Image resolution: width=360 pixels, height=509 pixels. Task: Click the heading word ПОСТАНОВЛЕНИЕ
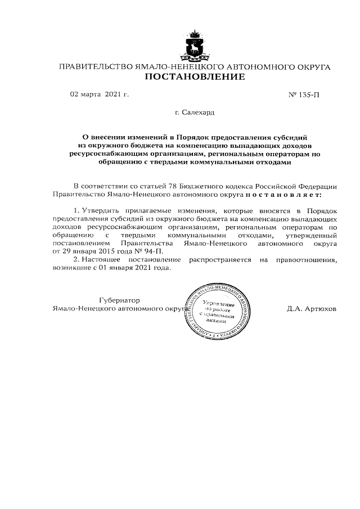(x=195, y=77)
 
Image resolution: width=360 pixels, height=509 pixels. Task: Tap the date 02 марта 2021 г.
(x=100, y=94)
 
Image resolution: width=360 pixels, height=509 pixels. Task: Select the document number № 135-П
(x=304, y=94)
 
